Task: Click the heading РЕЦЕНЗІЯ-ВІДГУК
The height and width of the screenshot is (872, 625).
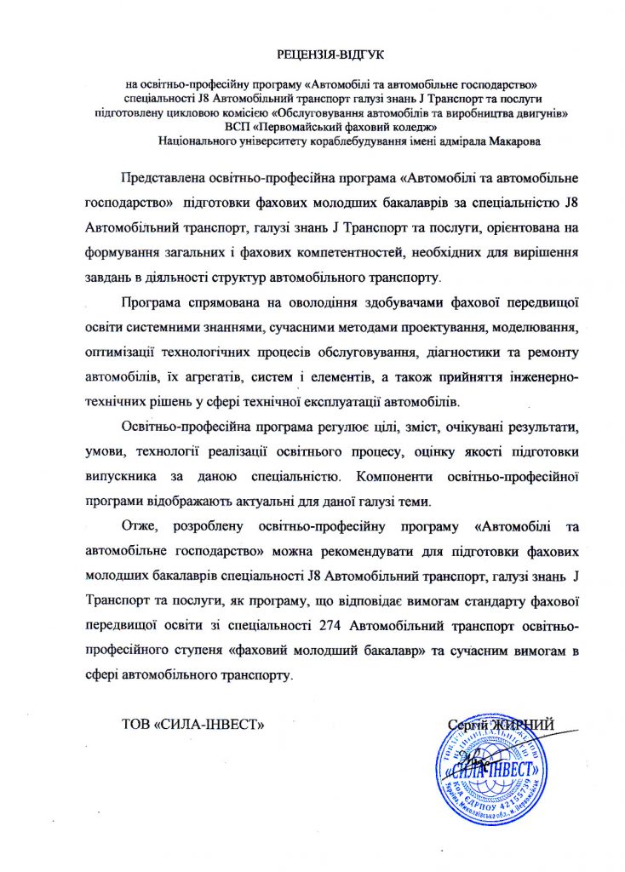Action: tap(331, 55)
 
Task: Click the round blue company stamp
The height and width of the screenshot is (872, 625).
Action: tap(489, 775)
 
